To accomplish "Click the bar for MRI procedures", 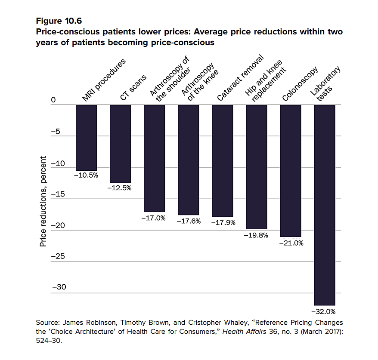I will tap(86, 138).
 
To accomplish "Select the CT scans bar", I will tap(120, 144).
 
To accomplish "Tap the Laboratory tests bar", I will tap(325, 205).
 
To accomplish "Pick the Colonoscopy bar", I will tap(291, 170).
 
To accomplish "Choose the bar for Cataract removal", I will tap(223, 161).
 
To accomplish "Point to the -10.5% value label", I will tap(86, 175).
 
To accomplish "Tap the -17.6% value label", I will tap(189, 221).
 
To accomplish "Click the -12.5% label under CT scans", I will tap(120, 188).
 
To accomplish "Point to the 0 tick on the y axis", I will tap(54, 100).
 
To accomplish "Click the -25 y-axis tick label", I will tap(58, 257).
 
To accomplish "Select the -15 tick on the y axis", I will tap(58, 194).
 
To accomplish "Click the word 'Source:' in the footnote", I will tap(48, 323).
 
